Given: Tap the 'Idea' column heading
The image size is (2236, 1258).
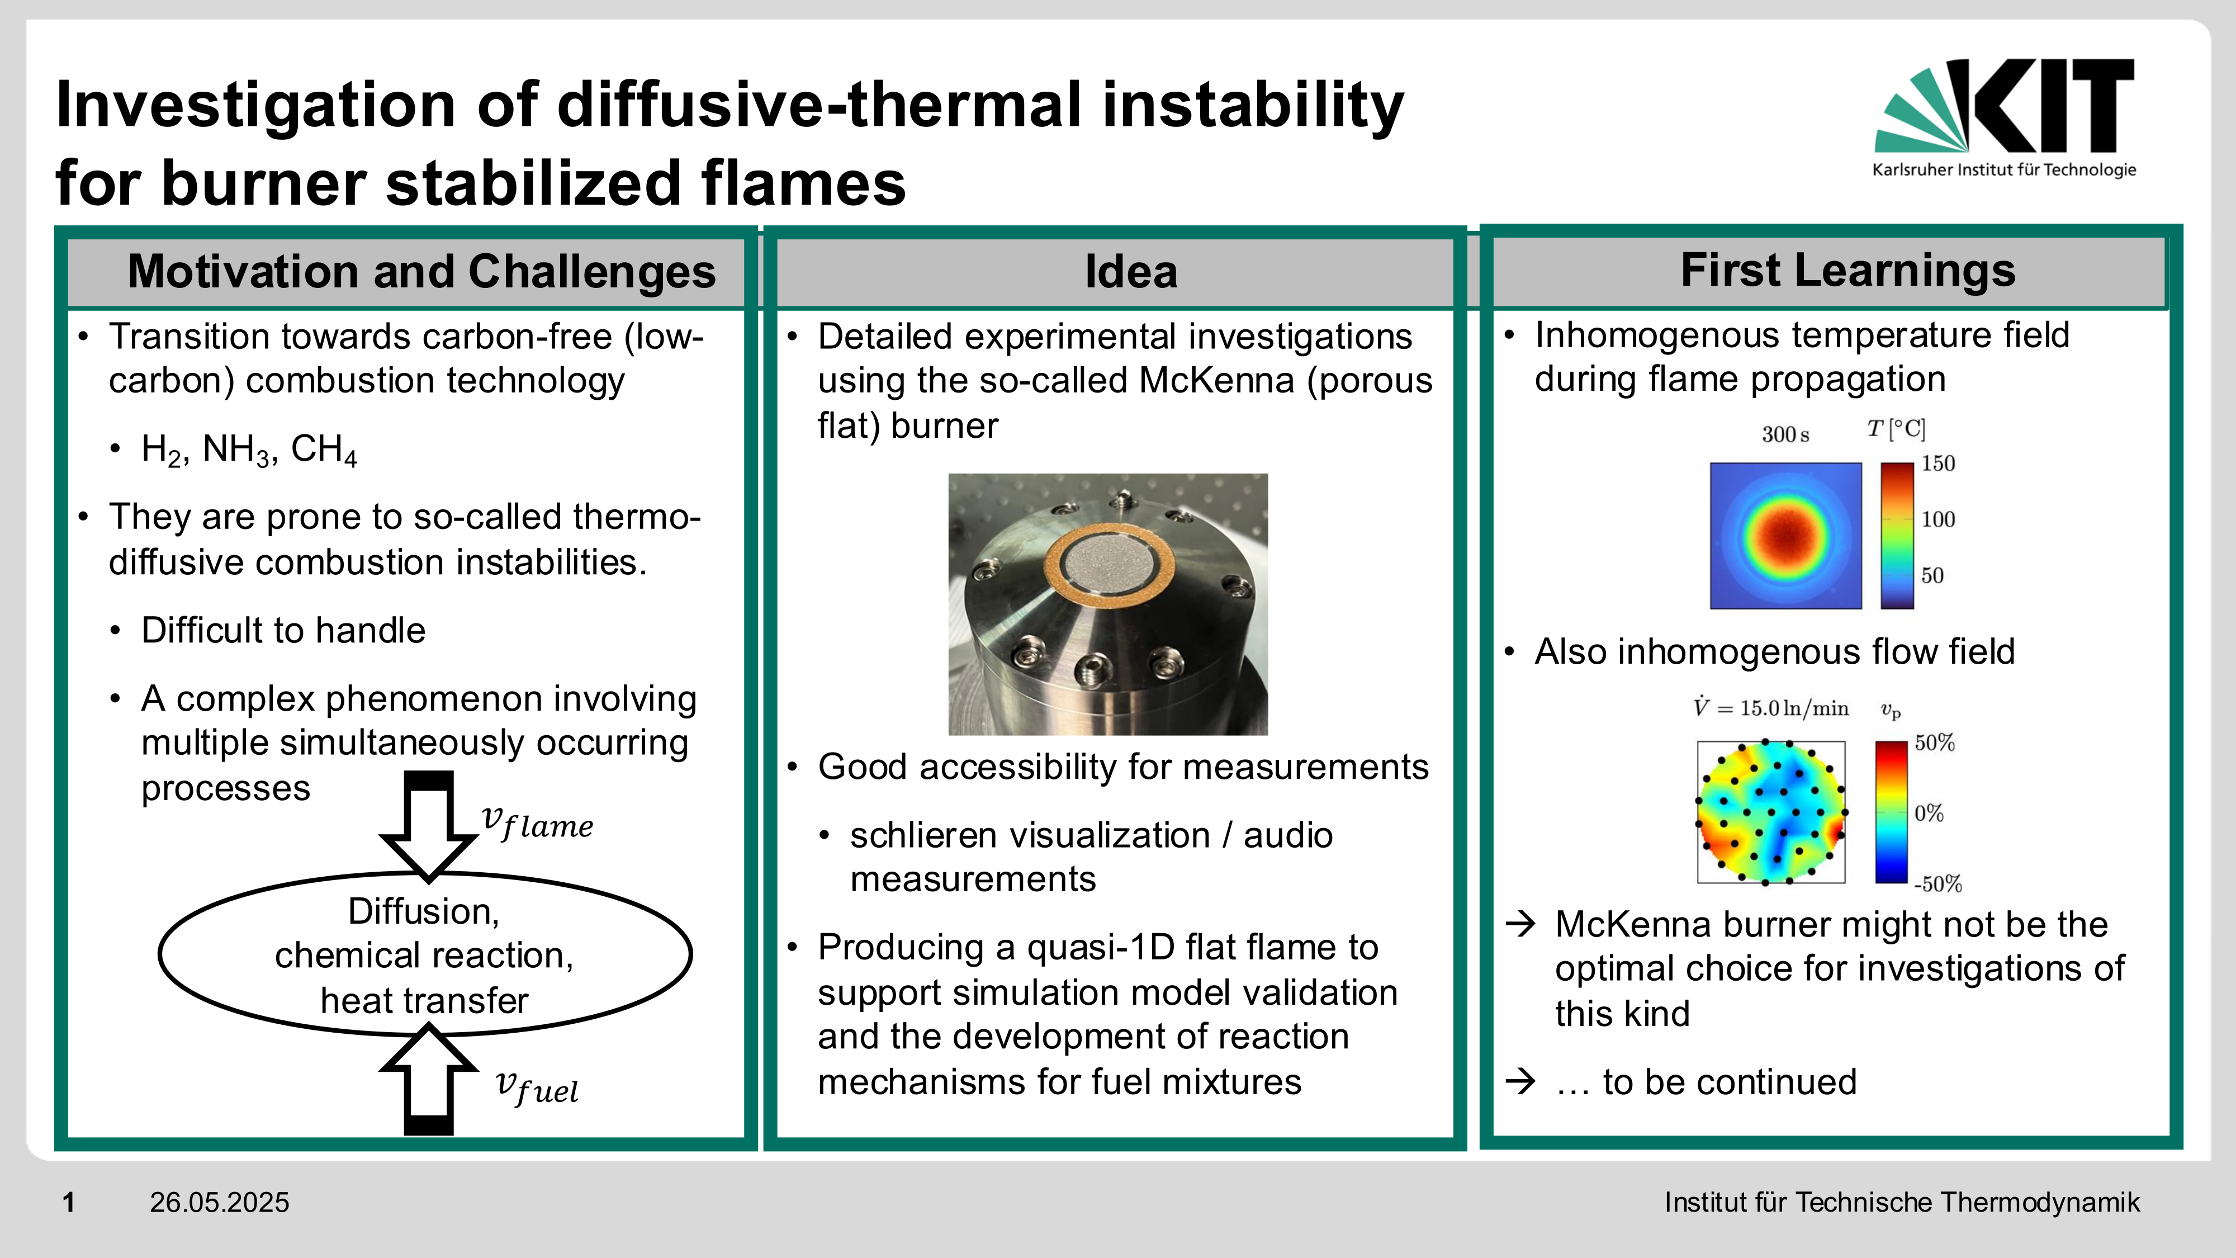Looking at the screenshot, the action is (1131, 272).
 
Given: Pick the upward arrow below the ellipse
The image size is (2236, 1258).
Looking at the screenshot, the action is (429, 1079).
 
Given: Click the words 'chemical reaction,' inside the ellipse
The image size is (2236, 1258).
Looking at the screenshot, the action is (424, 955).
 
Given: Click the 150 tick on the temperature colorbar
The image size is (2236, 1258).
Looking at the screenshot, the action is (1938, 464).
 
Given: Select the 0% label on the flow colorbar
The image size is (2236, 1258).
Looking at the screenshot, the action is (1929, 814).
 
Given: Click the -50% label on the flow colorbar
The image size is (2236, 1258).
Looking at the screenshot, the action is (1938, 884).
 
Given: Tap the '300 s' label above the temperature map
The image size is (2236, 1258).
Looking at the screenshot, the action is (1785, 434).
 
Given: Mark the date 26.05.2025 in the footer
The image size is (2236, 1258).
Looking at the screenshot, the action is (220, 1203).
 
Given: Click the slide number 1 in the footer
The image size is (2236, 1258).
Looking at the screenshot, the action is (69, 1203).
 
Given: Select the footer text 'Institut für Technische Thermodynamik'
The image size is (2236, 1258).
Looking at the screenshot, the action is (1902, 1203).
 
